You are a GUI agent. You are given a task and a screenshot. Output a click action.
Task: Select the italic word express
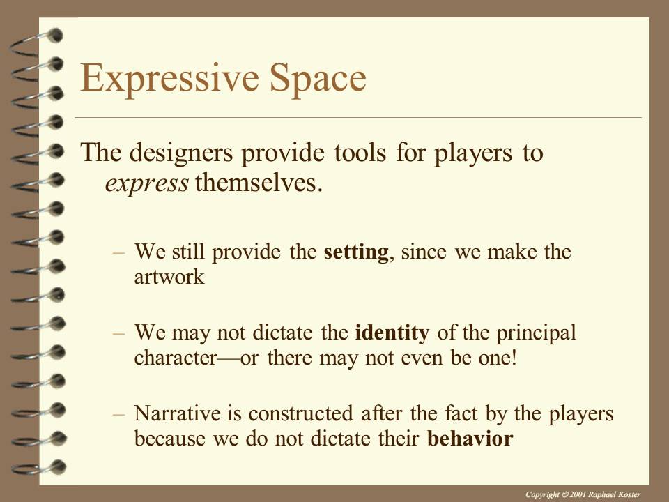[x=146, y=184]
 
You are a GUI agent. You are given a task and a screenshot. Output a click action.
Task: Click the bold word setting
[x=356, y=252]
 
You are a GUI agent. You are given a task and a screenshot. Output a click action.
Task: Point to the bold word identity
[x=392, y=333]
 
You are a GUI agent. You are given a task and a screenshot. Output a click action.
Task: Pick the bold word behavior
[x=470, y=439]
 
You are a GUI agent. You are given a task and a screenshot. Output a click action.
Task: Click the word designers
[x=181, y=153]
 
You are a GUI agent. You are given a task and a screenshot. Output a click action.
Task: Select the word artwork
[x=169, y=277]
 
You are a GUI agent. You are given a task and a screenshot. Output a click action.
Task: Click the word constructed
[x=300, y=413]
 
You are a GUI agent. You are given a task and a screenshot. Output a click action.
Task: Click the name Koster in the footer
[x=629, y=494]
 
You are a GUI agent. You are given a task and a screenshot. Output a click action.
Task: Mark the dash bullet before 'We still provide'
[x=118, y=253]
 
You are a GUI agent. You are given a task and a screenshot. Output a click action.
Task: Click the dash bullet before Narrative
[x=118, y=414]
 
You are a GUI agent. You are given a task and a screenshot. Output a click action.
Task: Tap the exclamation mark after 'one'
[x=514, y=357]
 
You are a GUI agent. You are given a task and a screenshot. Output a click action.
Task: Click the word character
[x=176, y=358]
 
